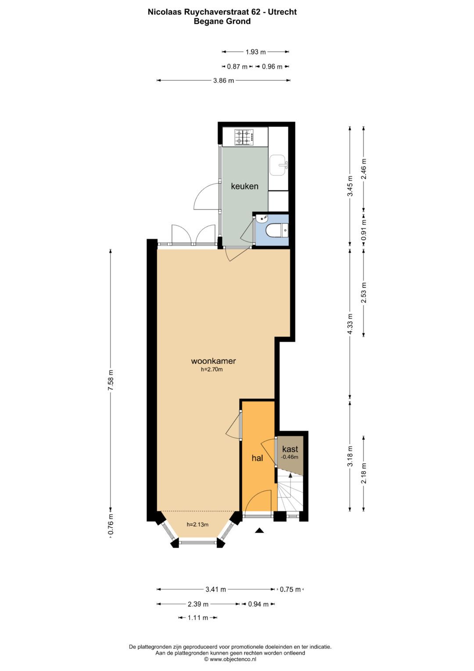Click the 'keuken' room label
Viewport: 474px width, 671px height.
[x=244, y=186]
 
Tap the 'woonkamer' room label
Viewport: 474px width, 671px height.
[x=213, y=361]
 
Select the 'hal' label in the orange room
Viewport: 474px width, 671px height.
[x=257, y=458]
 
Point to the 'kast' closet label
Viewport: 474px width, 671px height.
[x=290, y=449]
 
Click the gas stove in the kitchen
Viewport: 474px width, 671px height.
[x=244, y=137]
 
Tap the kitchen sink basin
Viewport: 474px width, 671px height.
[x=277, y=165]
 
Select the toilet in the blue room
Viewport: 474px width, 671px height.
[x=277, y=230]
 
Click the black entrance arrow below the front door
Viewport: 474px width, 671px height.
[x=259, y=531]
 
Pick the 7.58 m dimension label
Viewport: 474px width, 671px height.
[x=111, y=381]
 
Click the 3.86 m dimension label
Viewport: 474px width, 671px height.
[x=223, y=80]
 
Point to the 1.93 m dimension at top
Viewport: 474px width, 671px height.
[x=255, y=52]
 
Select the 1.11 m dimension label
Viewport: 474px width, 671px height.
[x=197, y=618]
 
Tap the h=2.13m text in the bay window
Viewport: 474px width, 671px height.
[x=197, y=524]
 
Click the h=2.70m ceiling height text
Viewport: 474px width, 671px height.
[x=212, y=370]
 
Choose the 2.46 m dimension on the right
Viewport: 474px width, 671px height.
[x=363, y=168]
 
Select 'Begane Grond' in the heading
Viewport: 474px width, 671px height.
[x=222, y=22]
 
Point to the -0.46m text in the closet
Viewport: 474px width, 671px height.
[x=290, y=457]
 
